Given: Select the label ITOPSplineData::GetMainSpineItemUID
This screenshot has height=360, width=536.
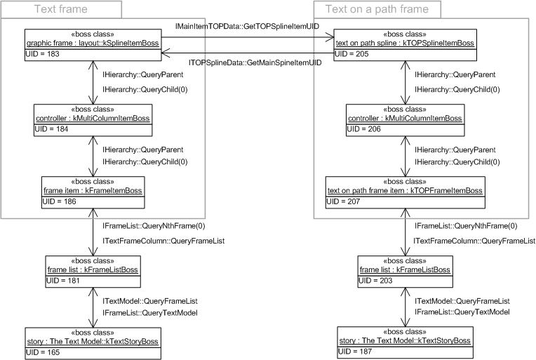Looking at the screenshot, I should pyautogui.click(x=255, y=62).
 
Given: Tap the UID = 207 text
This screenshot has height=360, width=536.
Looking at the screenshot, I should pyautogui.click(x=344, y=202).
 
